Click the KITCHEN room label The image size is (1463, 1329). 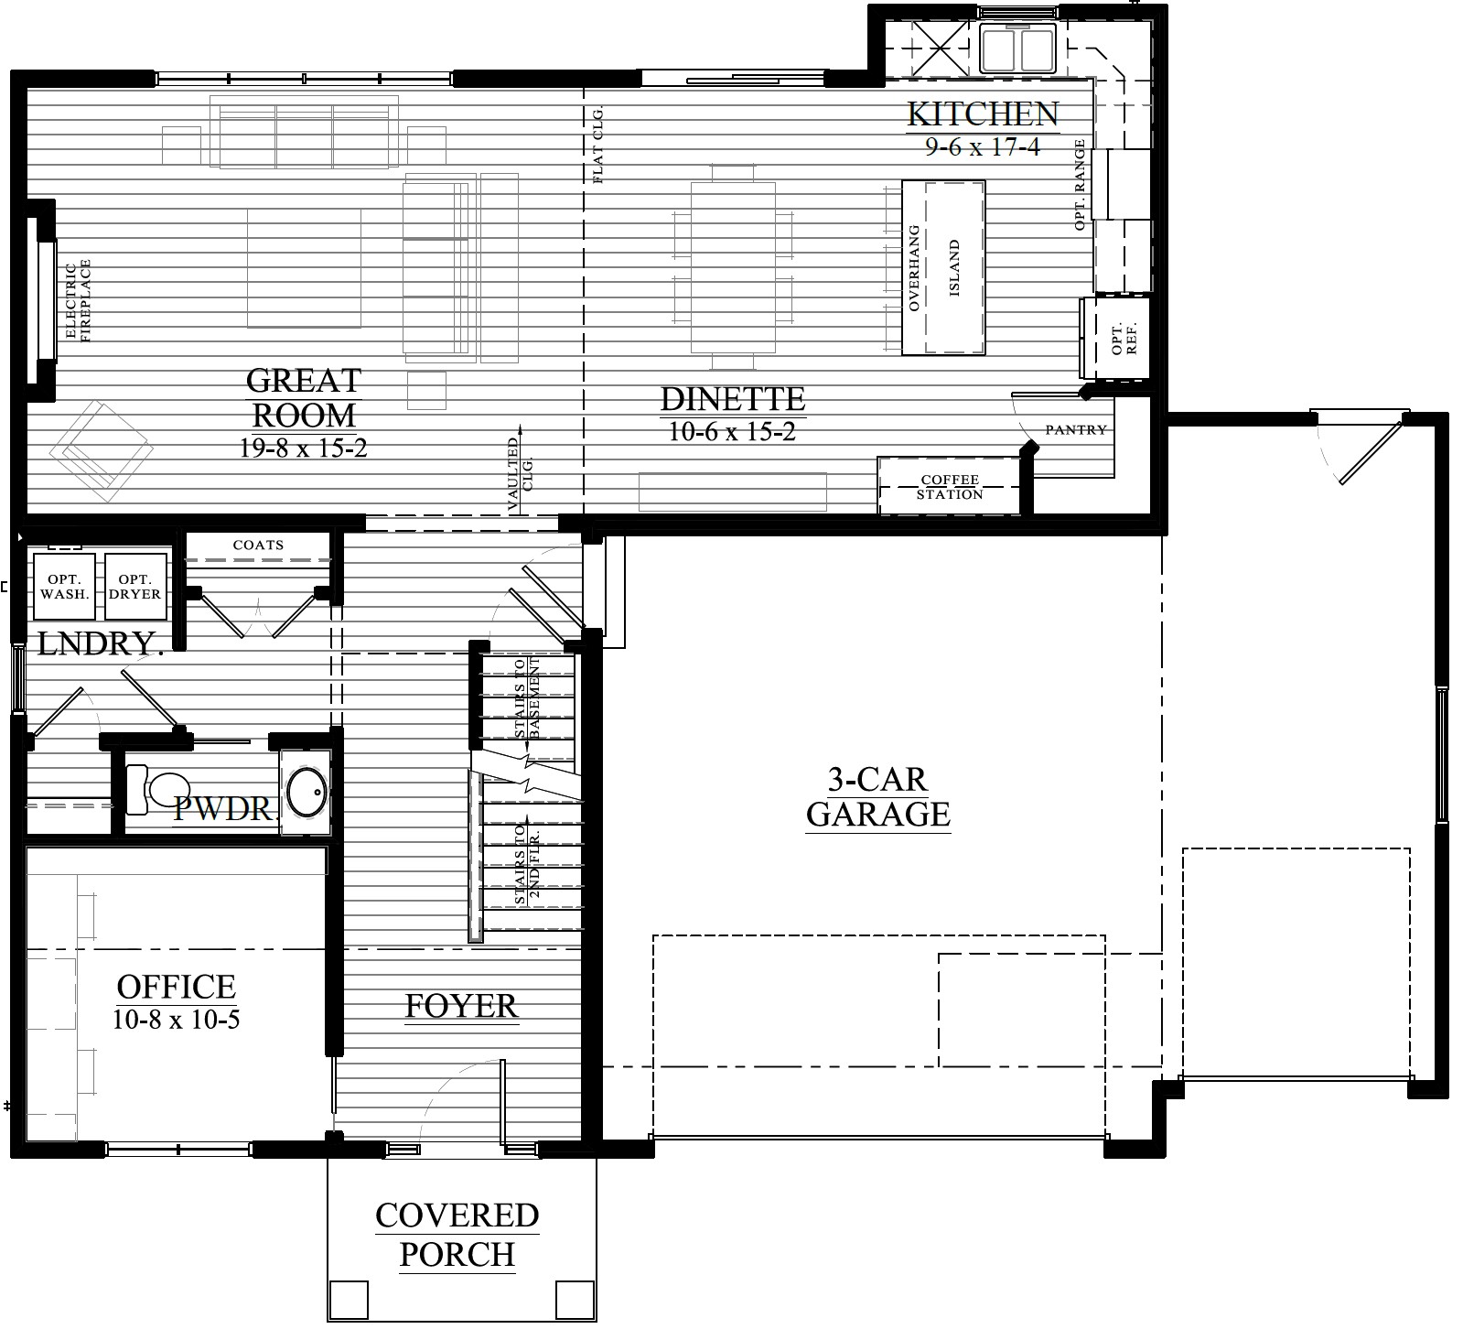point(983,113)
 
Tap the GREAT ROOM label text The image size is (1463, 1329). point(304,397)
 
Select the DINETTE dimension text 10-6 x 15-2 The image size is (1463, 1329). point(732,431)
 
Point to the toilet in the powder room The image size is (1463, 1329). point(156,789)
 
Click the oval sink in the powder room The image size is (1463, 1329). point(307,792)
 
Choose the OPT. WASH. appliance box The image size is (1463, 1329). point(64,585)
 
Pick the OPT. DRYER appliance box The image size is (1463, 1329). point(136,585)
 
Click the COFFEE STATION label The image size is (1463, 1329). point(950,487)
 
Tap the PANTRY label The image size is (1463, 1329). point(1076,429)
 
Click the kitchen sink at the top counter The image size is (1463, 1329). point(1018,49)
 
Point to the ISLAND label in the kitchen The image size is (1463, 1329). point(954,268)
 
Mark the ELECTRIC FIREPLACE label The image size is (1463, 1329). point(80,301)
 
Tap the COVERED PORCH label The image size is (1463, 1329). point(457,1235)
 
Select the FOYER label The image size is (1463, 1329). point(462,1006)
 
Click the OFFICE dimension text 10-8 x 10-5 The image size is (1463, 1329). point(177,1019)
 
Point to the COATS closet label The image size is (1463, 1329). point(259,545)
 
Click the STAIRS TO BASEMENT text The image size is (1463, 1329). point(527,699)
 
